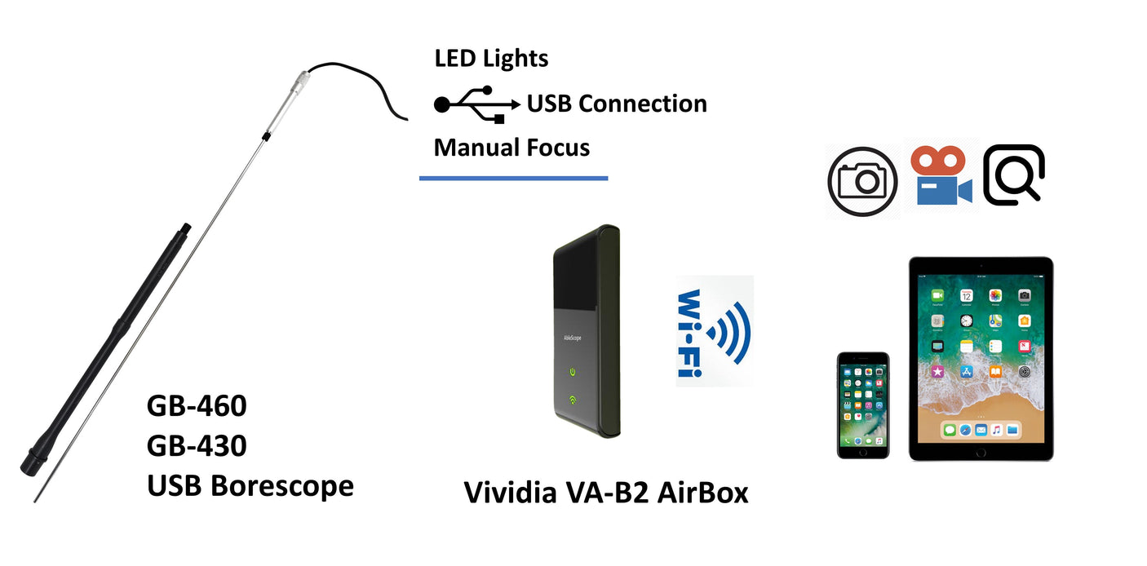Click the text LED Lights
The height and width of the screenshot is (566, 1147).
point(491,59)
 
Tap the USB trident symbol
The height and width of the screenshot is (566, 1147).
point(476,104)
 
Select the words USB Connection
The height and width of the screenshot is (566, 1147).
point(617,104)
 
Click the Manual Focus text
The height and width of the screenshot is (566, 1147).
point(511,148)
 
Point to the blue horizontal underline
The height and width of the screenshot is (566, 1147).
point(513,178)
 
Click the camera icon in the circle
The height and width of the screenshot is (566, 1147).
point(862,181)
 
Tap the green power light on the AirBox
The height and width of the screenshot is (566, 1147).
point(574,373)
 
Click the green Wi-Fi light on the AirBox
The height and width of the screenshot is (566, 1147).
point(574,400)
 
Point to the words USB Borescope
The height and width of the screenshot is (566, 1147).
point(250,486)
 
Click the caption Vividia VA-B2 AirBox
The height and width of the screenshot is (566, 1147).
point(606,493)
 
